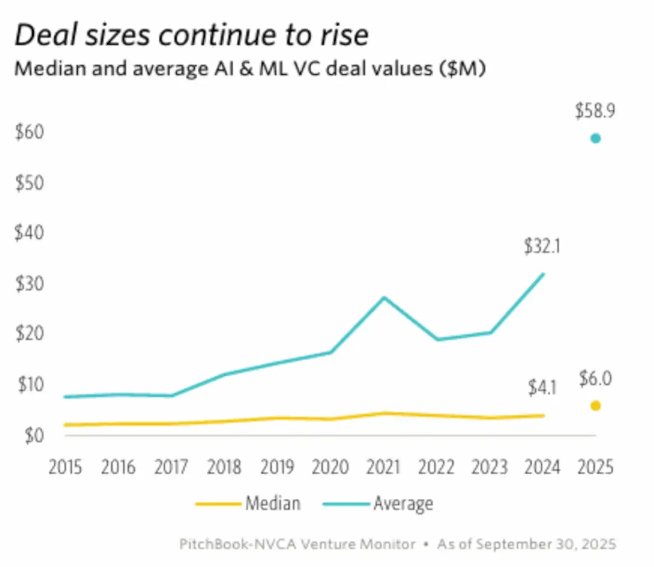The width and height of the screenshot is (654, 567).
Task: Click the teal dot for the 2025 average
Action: (x=595, y=138)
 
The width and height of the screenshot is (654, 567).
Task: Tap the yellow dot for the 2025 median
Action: (x=595, y=405)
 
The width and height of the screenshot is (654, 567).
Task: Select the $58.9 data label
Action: (x=595, y=111)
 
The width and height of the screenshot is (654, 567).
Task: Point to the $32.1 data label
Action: (x=542, y=246)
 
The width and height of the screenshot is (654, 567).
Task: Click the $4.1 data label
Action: (x=542, y=387)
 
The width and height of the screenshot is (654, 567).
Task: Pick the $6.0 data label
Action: (x=595, y=379)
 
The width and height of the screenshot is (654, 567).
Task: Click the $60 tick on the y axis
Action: (x=29, y=132)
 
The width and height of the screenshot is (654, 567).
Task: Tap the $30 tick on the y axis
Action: (x=29, y=284)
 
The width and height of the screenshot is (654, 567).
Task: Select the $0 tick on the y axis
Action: (x=34, y=435)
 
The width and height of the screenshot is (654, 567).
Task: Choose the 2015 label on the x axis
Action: (x=65, y=467)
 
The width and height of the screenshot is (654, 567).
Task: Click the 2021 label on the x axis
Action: (x=383, y=467)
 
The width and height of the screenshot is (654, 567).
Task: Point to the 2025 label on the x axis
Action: (x=595, y=467)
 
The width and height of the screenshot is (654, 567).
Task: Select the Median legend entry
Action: (x=273, y=504)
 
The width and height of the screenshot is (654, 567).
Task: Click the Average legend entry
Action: (x=403, y=504)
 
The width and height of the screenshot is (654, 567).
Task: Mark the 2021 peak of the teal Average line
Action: (x=383, y=298)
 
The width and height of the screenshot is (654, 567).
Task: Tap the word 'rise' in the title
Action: (x=343, y=35)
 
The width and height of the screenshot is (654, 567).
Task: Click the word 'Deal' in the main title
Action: (x=47, y=35)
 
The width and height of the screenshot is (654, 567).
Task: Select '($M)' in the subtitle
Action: (x=462, y=68)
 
